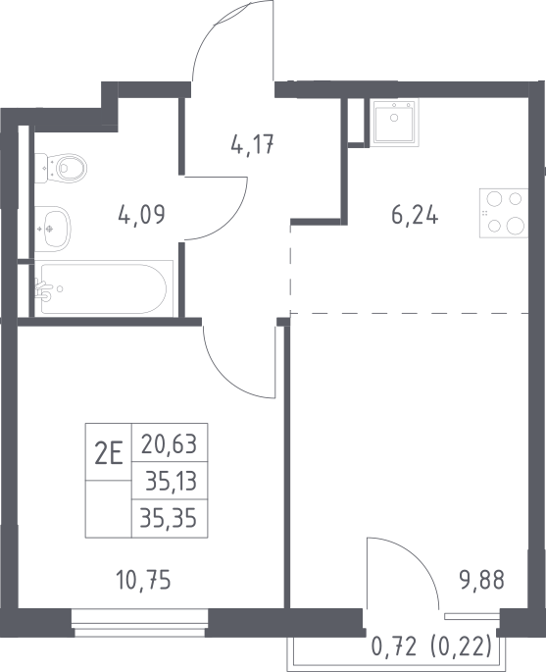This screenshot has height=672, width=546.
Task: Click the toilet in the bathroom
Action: coord(61,168)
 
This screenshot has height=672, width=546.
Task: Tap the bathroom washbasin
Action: coord(53,229)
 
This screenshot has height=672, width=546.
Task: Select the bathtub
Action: coord(104,288)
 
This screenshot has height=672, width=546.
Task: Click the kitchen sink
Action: coord(394,122)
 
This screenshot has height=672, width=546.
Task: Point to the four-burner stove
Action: coord(504,213)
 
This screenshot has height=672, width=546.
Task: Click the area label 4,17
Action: coord(252,144)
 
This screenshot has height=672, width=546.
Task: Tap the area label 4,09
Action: coord(141,215)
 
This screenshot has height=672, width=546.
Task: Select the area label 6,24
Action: coord(415,215)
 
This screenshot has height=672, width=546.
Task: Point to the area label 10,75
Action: coord(143,581)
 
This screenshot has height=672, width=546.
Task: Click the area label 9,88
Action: coord(480,581)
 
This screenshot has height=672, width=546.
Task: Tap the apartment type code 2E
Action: coord(109,455)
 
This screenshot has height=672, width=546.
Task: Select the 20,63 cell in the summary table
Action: coord(170,443)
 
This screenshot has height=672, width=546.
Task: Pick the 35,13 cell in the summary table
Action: coord(170,481)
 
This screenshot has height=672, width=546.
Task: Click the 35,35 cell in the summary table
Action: coord(170,518)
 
